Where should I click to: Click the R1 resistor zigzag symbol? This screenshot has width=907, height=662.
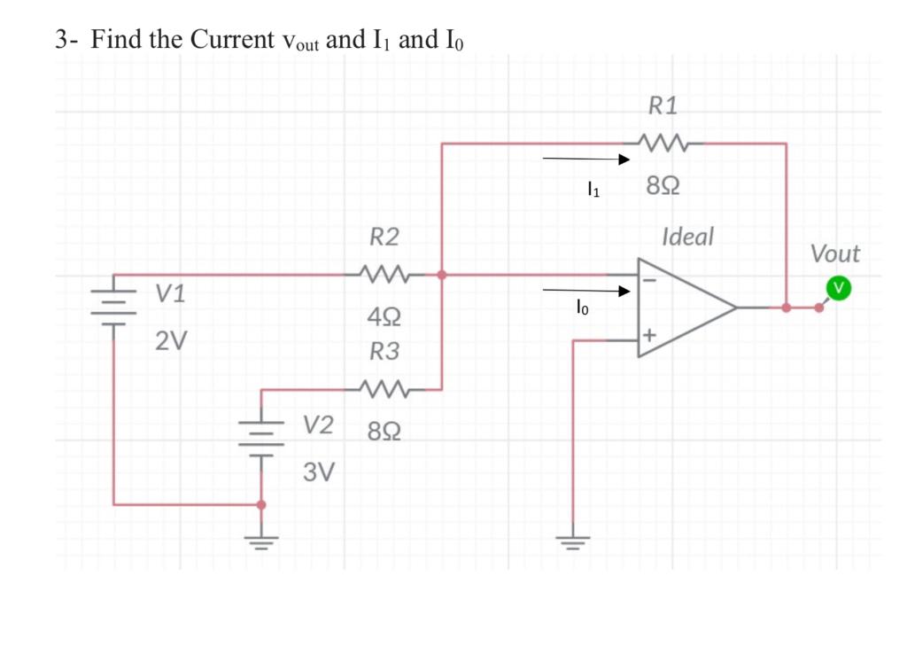point(663,142)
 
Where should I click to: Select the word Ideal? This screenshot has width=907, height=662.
point(687,238)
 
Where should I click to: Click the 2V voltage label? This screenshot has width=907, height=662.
point(171,340)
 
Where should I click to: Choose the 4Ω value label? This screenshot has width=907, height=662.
point(383,316)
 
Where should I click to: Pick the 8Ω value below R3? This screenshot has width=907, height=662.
point(383,432)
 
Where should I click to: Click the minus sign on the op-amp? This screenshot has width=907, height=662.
point(649,278)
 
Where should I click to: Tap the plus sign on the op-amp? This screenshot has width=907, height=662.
point(649,336)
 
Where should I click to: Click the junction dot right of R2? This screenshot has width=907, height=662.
point(442,275)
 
